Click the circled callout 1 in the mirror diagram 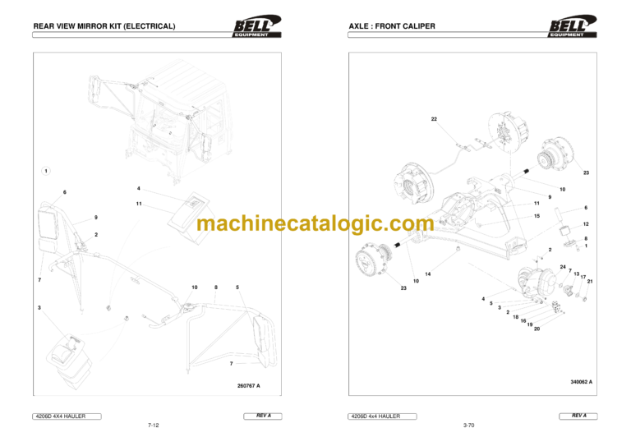click(47, 171)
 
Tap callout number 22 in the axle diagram click(434, 119)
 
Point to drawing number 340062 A click(581, 382)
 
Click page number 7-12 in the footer click(153, 425)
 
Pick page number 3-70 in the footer click(469, 425)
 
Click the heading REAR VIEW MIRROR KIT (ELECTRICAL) click(104, 26)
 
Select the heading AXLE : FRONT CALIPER click(393, 26)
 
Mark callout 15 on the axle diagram click(537, 216)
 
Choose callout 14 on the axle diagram click(428, 274)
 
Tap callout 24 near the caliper click(563, 267)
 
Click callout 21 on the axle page click(590, 281)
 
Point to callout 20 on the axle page click(537, 329)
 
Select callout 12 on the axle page click(586, 224)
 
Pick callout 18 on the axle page click(516, 317)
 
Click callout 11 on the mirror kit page click(140, 203)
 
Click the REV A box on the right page click(579, 416)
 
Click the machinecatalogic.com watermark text click(315, 223)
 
